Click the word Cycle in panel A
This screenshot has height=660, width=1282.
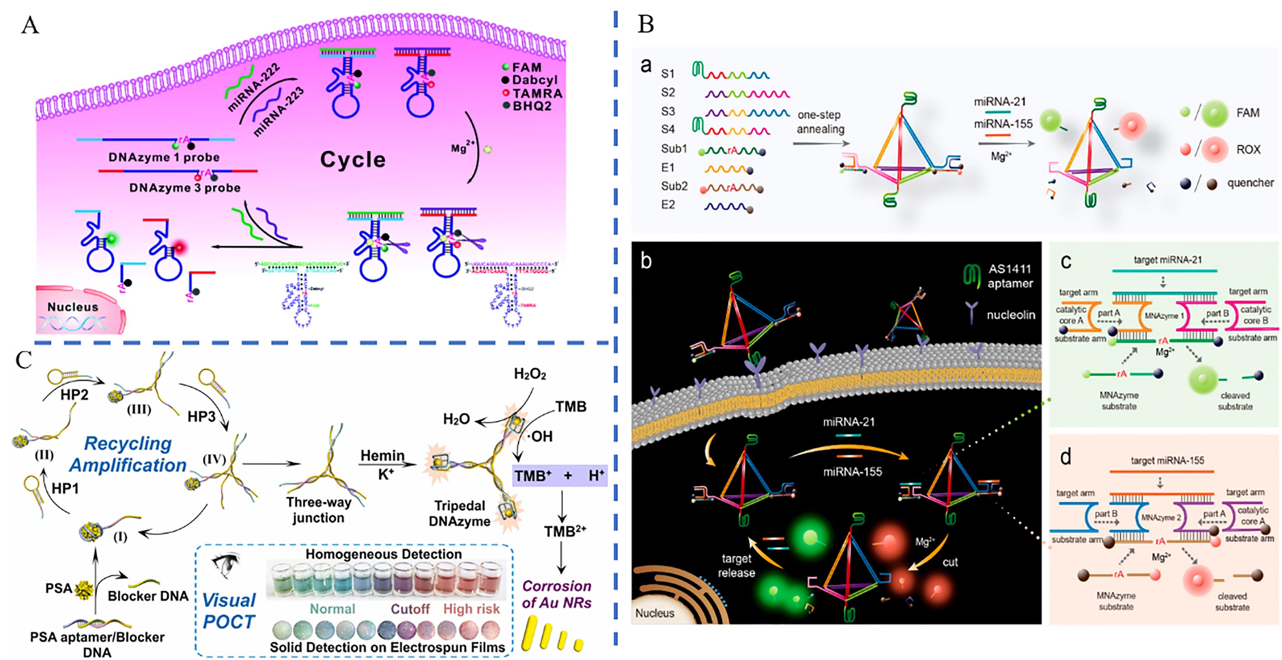(x=352, y=160)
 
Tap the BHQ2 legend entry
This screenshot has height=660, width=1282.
(x=531, y=106)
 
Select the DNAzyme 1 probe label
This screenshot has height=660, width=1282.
(x=164, y=157)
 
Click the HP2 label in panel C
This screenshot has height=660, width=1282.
(x=74, y=395)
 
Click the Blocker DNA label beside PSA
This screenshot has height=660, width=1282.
(x=148, y=596)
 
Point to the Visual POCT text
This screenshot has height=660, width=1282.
(x=229, y=611)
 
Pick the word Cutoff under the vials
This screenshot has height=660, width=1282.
(x=410, y=609)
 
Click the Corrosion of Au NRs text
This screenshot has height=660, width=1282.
(x=557, y=594)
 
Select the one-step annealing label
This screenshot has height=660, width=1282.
(x=820, y=122)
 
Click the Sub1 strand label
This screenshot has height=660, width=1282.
(x=674, y=148)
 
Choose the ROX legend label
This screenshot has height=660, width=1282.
(x=1248, y=149)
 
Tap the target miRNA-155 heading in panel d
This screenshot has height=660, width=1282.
(x=1167, y=461)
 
